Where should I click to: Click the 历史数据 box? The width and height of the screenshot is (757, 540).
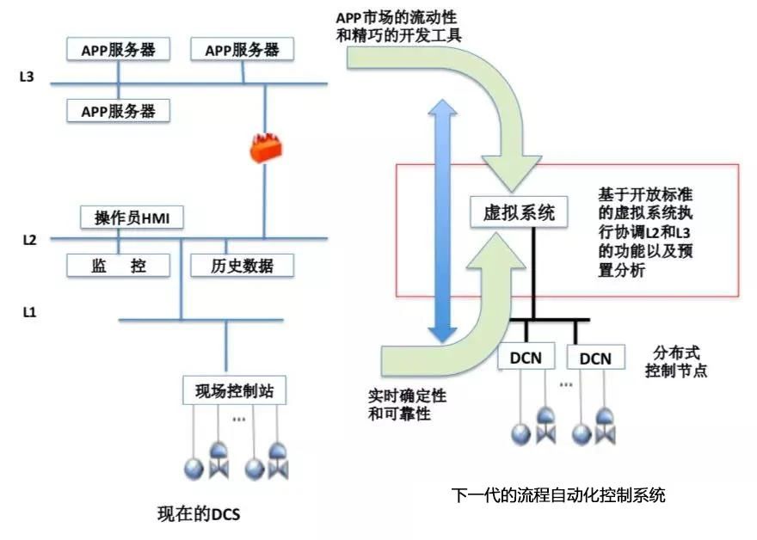tap(242, 265)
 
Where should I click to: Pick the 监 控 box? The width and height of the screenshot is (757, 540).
tap(119, 265)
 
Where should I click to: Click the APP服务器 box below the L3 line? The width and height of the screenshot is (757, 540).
tap(119, 111)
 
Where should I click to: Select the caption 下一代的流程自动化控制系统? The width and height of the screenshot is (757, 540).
tap(558, 496)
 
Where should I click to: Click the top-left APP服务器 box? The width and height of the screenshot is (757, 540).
tap(119, 49)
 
